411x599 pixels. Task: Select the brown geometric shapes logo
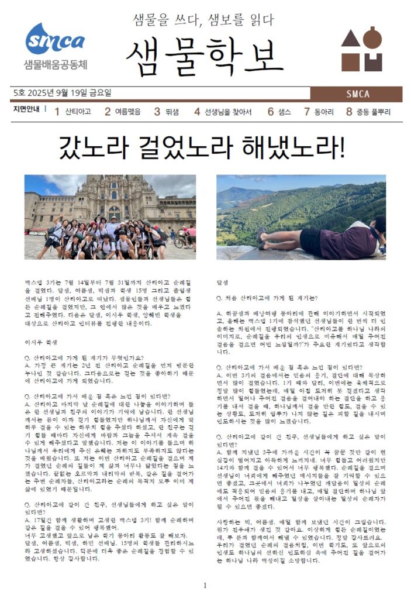(362, 49)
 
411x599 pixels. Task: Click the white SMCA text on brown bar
(357, 94)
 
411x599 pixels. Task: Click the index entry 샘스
(284, 112)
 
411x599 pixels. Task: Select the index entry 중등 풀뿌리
(373, 112)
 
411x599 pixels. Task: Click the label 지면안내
(26, 109)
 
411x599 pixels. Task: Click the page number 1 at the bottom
(205, 585)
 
